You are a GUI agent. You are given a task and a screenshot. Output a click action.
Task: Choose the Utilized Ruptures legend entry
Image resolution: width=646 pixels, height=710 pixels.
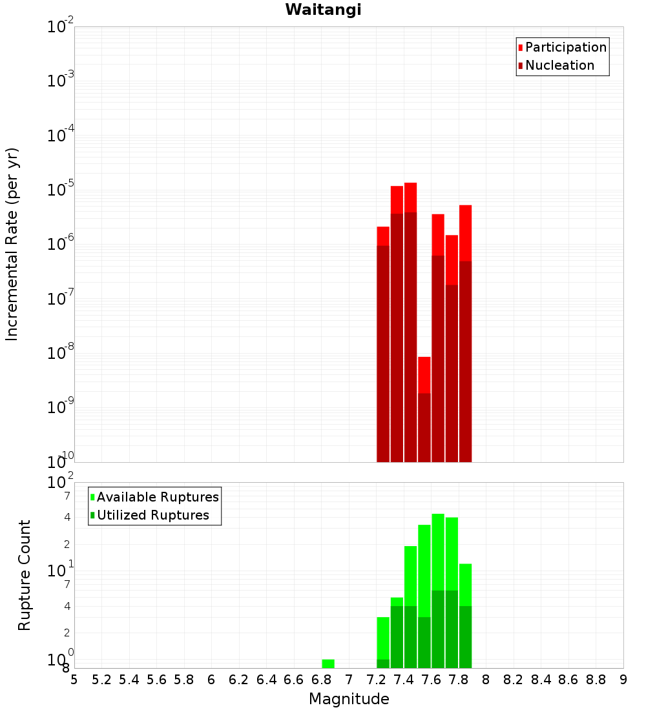click(152, 515)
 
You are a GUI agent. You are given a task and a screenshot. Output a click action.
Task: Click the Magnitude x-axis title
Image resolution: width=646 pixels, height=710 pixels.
click(349, 699)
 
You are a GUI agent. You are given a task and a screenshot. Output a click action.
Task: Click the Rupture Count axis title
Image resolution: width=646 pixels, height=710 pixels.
click(25, 575)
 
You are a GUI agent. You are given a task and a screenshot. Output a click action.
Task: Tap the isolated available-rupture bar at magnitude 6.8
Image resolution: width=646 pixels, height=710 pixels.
click(328, 664)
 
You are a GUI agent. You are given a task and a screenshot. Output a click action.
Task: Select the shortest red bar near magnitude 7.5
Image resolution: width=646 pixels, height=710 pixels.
click(424, 374)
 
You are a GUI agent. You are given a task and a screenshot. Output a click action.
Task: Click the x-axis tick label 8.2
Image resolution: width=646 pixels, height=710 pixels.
click(514, 680)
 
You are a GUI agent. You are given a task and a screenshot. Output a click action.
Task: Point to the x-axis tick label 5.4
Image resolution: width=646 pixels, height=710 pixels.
click(129, 680)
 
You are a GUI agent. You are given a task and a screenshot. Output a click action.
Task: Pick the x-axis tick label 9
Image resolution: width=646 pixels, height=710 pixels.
click(623, 680)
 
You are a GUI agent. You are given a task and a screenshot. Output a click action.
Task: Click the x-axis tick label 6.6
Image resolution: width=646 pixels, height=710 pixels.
click(294, 680)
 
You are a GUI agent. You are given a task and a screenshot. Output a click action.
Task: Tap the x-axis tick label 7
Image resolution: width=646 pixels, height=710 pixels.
click(349, 680)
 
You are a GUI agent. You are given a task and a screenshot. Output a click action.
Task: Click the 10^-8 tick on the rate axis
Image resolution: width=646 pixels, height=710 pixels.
click(59, 354)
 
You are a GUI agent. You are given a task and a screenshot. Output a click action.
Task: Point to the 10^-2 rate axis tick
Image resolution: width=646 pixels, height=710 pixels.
click(59, 27)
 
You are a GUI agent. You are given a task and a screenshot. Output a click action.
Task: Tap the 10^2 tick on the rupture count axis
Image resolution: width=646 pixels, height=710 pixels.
click(59, 483)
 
